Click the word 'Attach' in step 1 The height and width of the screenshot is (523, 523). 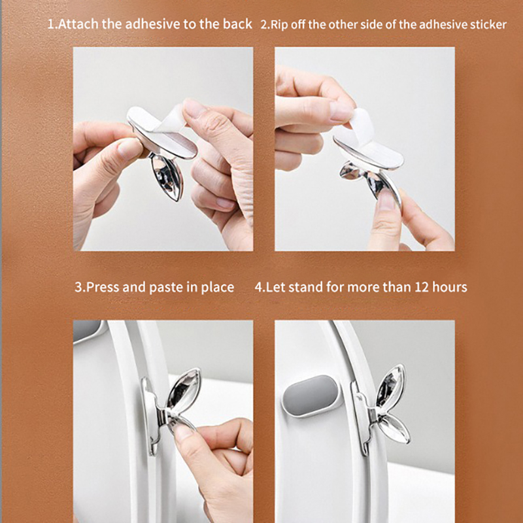coord(78,24)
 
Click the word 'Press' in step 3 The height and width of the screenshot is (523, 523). coord(103,287)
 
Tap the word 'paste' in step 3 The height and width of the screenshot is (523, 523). coord(166,288)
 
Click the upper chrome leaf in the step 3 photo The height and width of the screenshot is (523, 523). coord(184,388)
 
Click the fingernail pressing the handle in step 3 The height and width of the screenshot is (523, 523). coord(183,432)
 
